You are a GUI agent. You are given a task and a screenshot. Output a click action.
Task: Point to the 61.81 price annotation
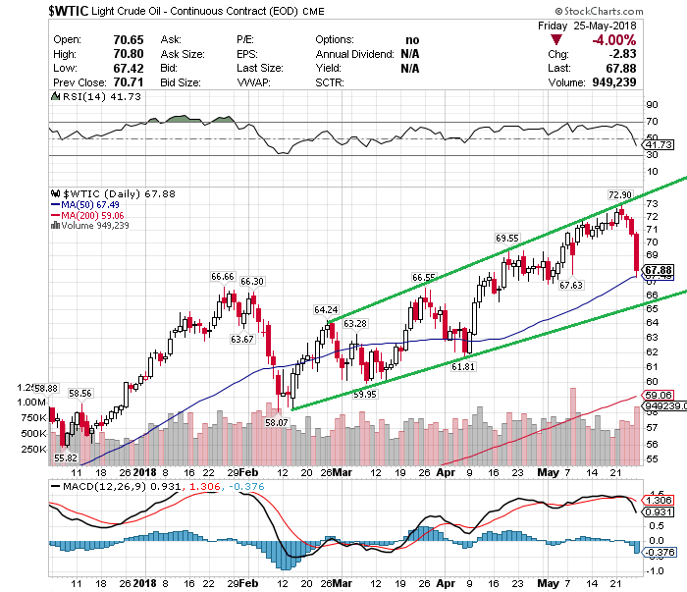tap(463, 366)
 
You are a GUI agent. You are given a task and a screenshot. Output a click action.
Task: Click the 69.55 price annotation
tap(506, 238)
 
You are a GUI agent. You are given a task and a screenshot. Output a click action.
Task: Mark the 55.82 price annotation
tap(65, 457)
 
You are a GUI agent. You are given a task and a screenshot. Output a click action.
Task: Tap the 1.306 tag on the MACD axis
tap(656, 500)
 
